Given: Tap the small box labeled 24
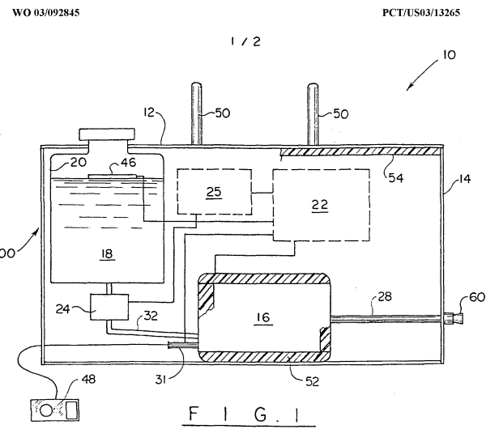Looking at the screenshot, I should tap(107, 308).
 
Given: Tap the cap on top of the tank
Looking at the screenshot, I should tap(106, 134).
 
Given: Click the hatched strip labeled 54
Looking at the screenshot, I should tap(360, 151).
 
